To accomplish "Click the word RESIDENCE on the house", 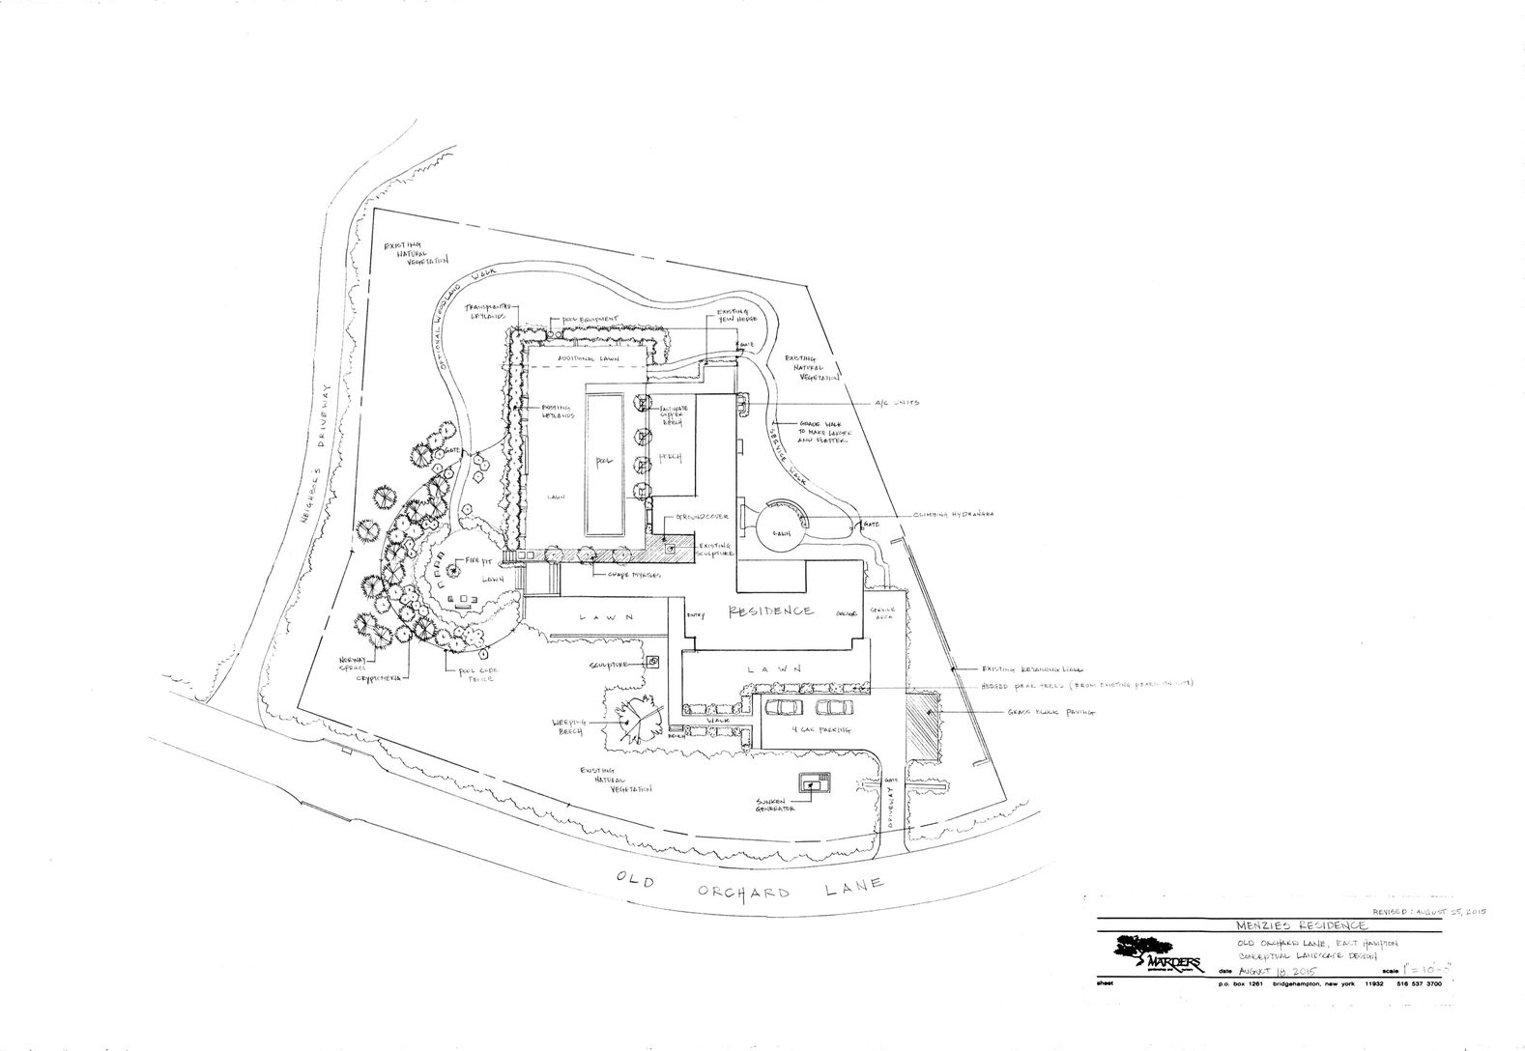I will (x=769, y=611).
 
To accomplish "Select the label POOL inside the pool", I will (x=605, y=461).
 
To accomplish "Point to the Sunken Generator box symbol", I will (x=810, y=783).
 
